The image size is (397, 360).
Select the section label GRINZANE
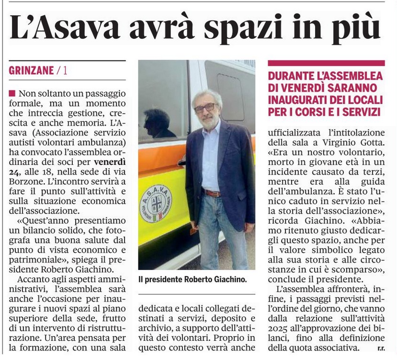31,71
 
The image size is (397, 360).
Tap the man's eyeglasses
205,107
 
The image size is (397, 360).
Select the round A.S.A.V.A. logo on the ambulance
156,204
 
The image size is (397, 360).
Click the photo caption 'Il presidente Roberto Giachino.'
192,279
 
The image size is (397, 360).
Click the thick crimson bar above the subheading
326,63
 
